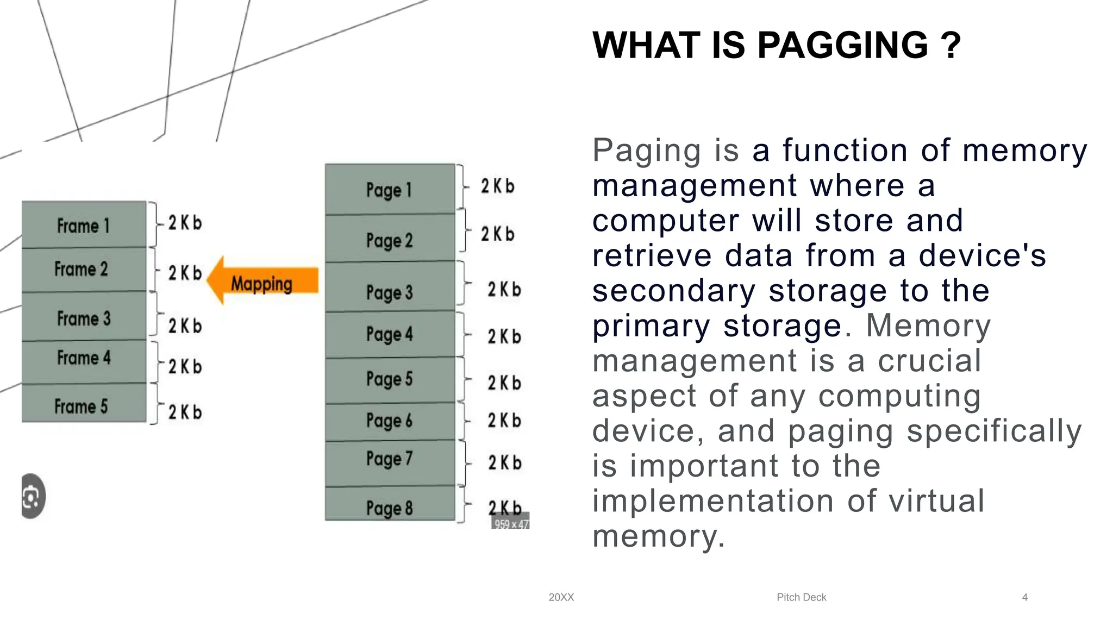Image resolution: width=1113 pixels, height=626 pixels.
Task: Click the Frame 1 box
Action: pos(84,225)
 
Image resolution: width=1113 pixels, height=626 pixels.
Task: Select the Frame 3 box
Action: pos(84,317)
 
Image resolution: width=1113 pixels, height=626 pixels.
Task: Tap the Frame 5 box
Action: pos(84,404)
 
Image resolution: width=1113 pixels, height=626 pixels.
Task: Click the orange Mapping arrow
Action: pos(263,282)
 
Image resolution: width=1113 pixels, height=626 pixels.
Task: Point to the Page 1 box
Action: pos(390,189)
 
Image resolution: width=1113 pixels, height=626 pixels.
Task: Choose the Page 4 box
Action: pos(390,334)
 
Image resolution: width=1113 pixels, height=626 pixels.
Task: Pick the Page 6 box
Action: pos(390,421)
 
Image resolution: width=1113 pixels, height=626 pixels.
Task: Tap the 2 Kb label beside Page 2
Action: pos(497,234)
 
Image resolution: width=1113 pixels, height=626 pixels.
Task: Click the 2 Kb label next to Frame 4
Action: pos(185,367)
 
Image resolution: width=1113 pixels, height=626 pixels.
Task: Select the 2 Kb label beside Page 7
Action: pos(504,462)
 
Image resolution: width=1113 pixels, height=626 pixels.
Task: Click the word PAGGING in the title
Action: pos(842,45)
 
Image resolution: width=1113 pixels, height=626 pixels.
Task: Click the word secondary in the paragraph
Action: pos(673,291)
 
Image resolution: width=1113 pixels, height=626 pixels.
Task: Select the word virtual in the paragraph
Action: pos(936,500)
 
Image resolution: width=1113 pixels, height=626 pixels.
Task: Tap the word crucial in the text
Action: pos(929,361)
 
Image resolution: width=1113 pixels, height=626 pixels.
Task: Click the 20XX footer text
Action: pos(561,597)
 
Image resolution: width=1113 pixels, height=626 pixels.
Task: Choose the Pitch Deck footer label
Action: pos(801,597)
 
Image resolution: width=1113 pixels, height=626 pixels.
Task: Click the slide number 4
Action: pos(1024,597)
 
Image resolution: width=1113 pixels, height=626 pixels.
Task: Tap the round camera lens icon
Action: pos(32,496)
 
